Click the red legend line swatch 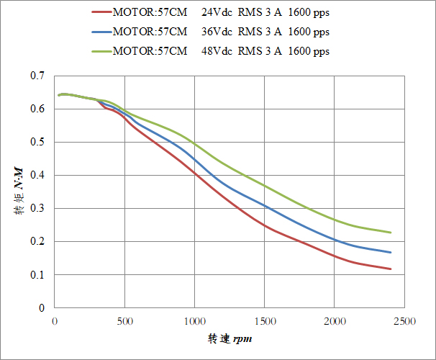tap(101, 12)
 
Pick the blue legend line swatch tap(101, 32)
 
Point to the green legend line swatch tap(101, 52)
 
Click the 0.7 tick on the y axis tap(37, 76)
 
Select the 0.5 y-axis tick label tap(37, 142)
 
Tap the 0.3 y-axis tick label tap(37, 208)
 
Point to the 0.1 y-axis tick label tap(37, 274)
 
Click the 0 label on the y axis tap(41, 307)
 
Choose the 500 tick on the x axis tap(125, 320)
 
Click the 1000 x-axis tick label tap(194, 320)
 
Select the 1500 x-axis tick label tap(265, 320)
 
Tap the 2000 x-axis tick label tap(335, 320)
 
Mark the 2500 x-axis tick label tap(404, 320)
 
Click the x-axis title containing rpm tap(230, 338)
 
